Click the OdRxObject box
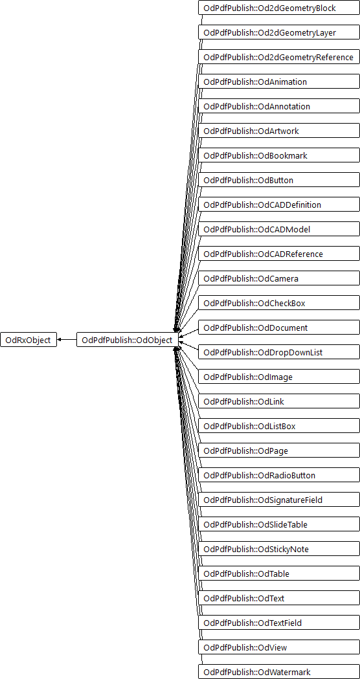click(x=28, y=340)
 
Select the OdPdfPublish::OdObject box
click(x=127, y=340)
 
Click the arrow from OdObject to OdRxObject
click(x=67, y=340)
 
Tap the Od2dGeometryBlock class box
click(x=279, y=8)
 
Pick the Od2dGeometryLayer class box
click(x=279, y=32)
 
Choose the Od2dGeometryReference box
click(x=279, y=57)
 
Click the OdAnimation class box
click(x=279, y=82)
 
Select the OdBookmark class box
click(x=279, y=155)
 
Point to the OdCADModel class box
click(x=279, y=229)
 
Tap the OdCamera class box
click(x=279, y=278)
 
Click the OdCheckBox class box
click(x=279, y=303)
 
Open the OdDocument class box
click(x=279, y=328)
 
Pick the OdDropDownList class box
click(x=279, y=353)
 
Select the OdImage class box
click(x=279, y=377)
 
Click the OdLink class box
click(x=279, y=401)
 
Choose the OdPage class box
click(x=279, y=451)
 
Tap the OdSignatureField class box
click(x=279, y=500)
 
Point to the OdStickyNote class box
click(x=279, y=549)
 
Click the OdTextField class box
click(x=279, y=623)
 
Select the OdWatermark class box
click(x=279, y=672)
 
